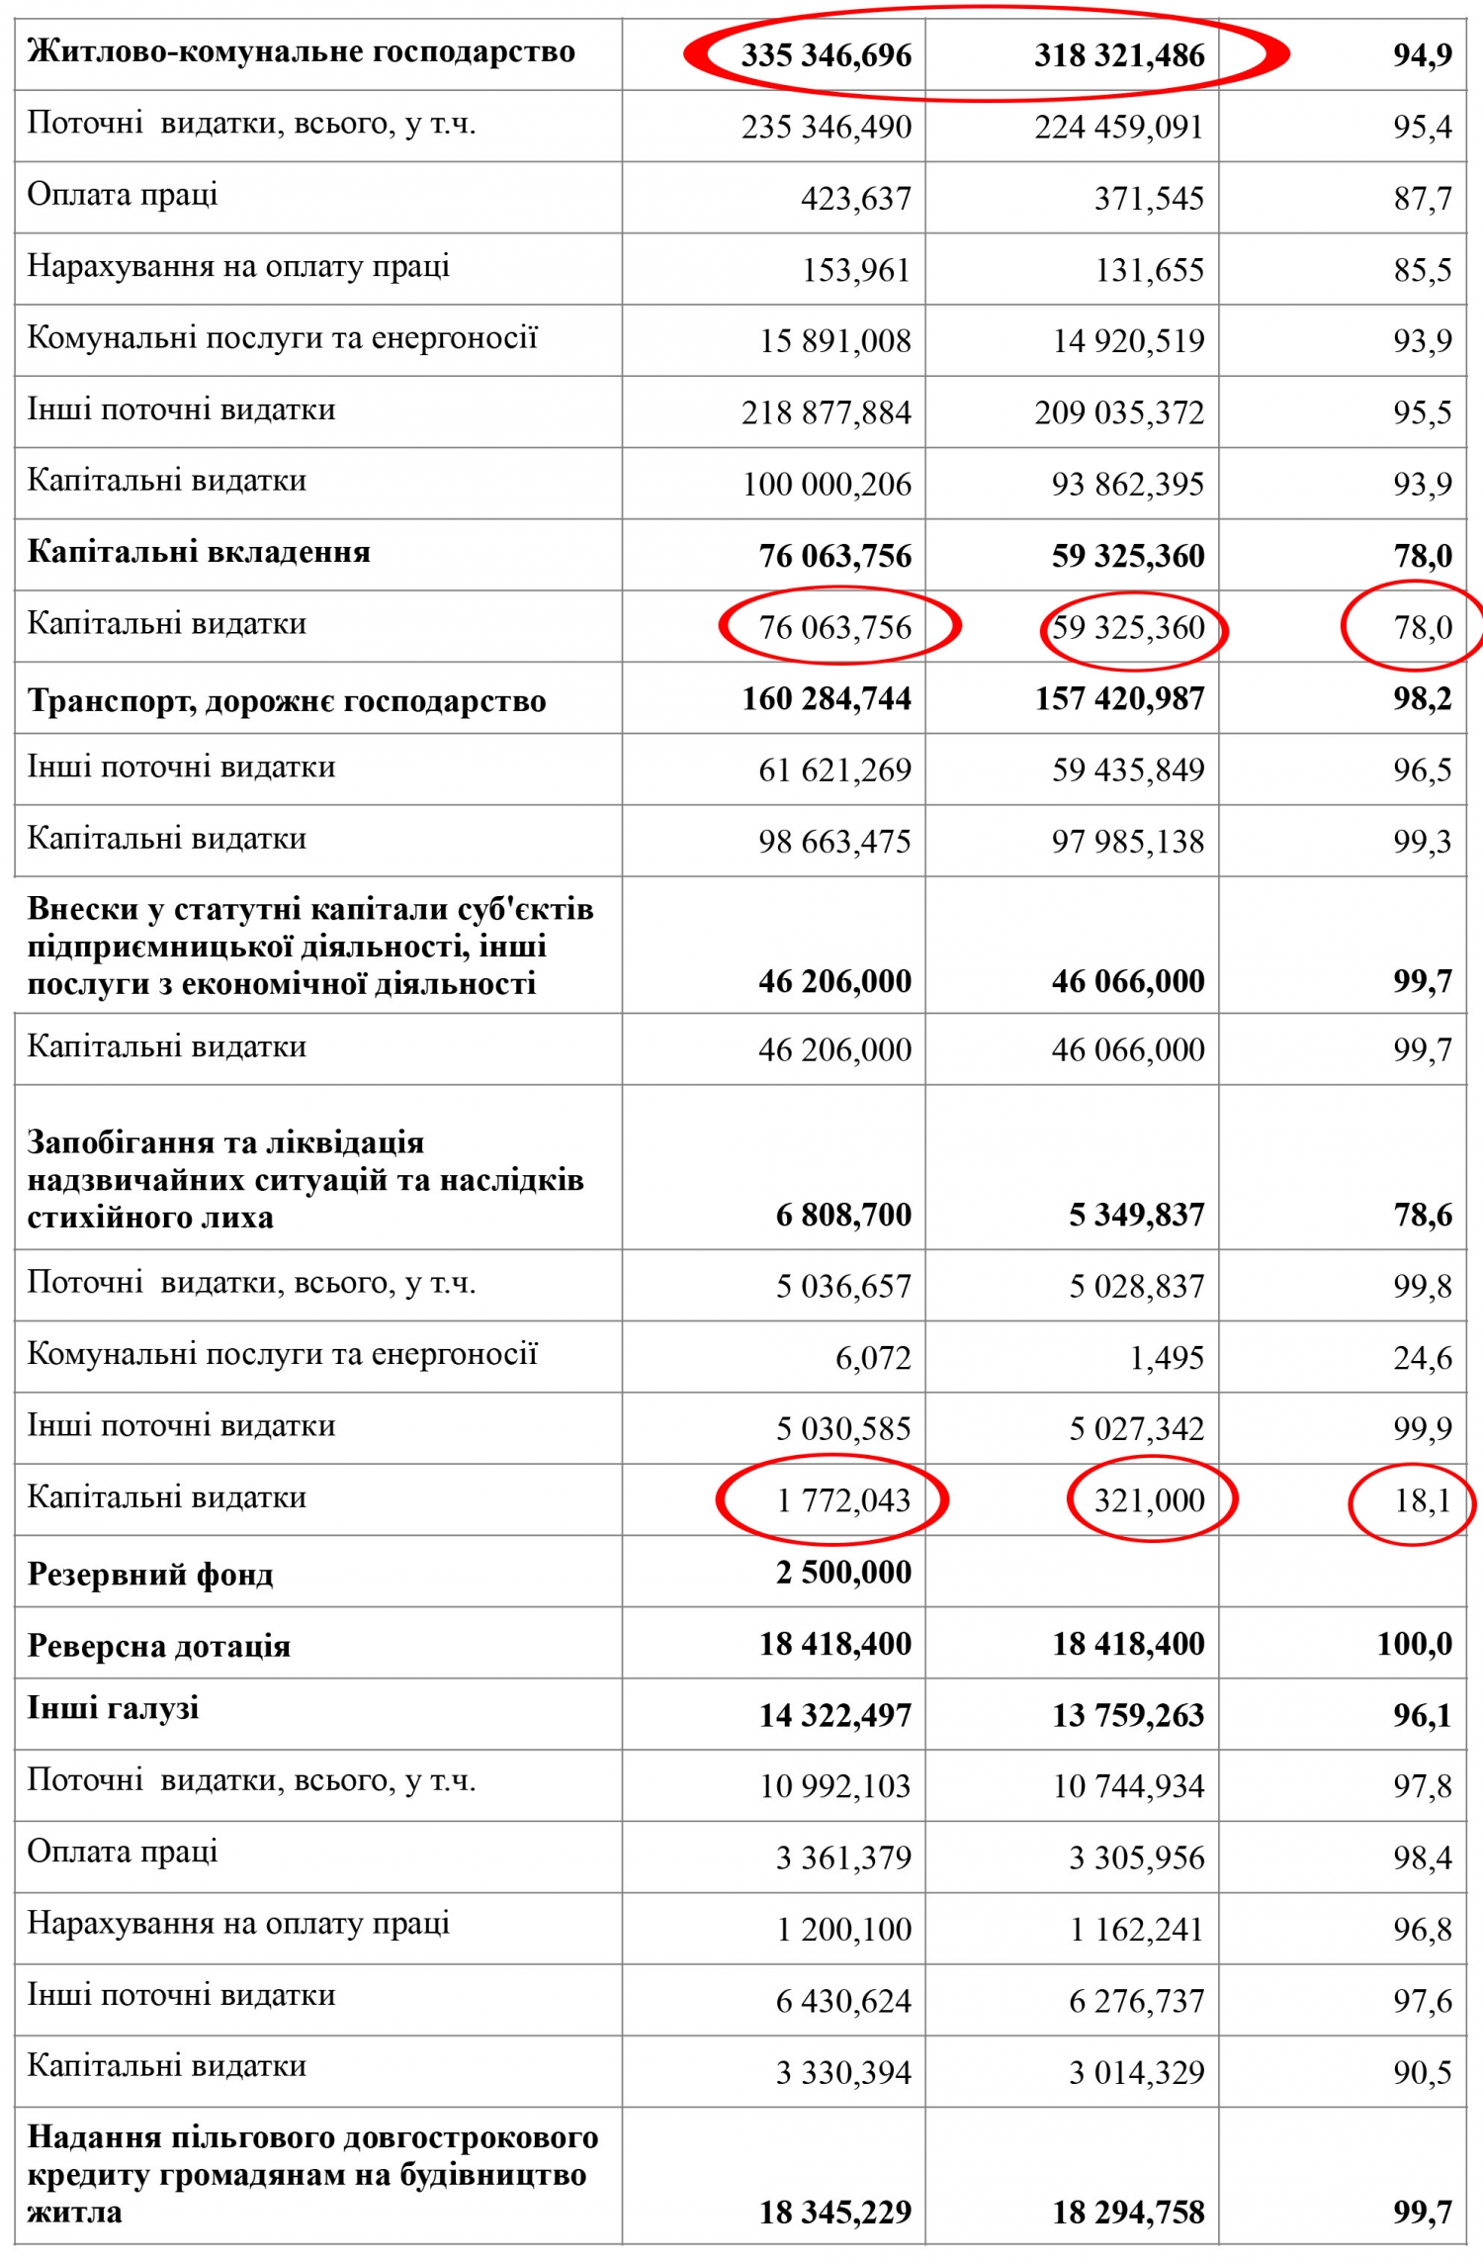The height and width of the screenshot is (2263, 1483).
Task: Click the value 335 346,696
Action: pyautogui.click(x=826, y=55)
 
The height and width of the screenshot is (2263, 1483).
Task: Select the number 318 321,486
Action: pyautogui.click(x=1119, y=55)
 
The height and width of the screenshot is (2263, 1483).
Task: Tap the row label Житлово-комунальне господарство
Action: pyautogui.click(x=301, y=51)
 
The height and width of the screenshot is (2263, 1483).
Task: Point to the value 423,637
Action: pyautogui.click(x=855, y=199)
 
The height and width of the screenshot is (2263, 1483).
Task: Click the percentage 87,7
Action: pyautogui.click(x=1423, y=199)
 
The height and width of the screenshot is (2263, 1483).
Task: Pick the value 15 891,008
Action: pyautogui.click(x=834, y=341)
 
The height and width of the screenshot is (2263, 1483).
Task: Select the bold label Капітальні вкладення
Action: pyautogui.click(x=199, y=552)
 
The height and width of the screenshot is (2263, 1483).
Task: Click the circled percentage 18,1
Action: pyautogui.click(x=1423, y=1500)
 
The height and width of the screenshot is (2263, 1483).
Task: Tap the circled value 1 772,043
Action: pyautogui.click(x=843, y=1500)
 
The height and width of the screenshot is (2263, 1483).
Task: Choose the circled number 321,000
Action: pyautogui.click(x=1149, y=1500)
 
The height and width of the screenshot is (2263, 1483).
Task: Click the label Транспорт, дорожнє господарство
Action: pyautogui.click(x=287, y=701)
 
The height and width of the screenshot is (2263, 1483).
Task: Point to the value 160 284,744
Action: pyautogui.click(x=827, y=699)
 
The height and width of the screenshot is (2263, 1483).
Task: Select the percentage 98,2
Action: pyautogui.click(x=1423, y=699)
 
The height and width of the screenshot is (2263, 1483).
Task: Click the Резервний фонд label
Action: pyautogui.click(x=150, y=1574)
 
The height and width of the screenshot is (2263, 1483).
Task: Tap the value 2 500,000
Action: pyautogui.click(x=843, y=1572)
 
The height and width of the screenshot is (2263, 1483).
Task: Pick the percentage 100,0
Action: pyautogui.click(x=1415, y=1644)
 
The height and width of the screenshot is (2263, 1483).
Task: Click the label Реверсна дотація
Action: pyautogui.click(x=159, y=1646)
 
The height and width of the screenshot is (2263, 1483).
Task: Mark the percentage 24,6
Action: pyautogui.click(x=1423, y=1358)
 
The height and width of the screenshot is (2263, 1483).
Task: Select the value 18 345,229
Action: pyautogui.click(x=834, y=2212)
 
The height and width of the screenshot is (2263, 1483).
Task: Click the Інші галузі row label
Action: pyautogui.click(x=114, y=1708)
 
